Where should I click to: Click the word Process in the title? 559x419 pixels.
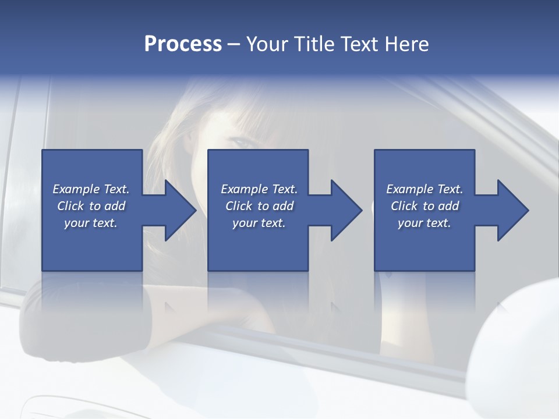pyautogui.click(x=183, y=44)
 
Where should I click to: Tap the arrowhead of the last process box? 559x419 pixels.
pyautogui.click(x=512, y=210)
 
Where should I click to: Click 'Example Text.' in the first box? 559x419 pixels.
pyautogui.click(x=91, y=189)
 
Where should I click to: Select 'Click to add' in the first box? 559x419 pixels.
pyautogui.click(x=91, y=206)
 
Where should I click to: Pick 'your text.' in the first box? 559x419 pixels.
pyautogui.click(x=91, y=223)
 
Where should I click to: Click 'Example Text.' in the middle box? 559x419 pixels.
pyautogui.click(x=259, y=189)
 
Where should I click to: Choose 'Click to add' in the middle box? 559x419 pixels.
pyautogui.click(x=259, y=206)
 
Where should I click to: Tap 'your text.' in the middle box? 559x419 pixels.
pyautogui.click(x=259, y=223)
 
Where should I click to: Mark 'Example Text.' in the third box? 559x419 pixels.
pyautogui.click(x=424, y=189)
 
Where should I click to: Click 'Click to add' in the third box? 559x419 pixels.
pyautogui.click(x=424, y=206)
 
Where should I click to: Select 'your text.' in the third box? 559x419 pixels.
pyautogui.click(x=424, y=223)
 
